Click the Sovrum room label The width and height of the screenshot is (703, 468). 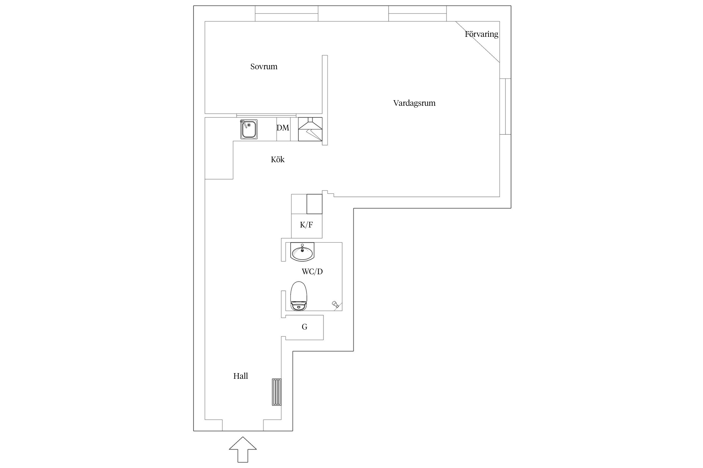264,66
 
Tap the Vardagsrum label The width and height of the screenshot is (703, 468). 414,103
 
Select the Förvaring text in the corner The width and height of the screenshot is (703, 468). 481,34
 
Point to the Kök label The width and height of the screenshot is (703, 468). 277,159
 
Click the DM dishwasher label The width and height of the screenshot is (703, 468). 283,128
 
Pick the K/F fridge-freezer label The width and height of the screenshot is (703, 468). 306,225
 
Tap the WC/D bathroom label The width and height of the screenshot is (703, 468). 312,271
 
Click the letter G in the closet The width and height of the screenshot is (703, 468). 304,327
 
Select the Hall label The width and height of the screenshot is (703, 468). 241,376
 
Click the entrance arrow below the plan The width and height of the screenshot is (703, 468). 243,449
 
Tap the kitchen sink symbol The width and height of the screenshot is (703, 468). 249,129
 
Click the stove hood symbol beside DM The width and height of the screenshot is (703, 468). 310,129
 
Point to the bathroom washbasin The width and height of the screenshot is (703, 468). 302,251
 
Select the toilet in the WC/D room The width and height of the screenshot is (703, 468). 299,296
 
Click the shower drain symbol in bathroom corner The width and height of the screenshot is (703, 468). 335,304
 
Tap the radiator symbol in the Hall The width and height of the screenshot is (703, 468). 277,392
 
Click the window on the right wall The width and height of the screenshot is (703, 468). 505,106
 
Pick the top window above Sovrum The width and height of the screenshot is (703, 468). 287,13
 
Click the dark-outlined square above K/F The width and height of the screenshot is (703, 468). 314,204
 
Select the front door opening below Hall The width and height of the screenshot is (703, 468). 243,425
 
